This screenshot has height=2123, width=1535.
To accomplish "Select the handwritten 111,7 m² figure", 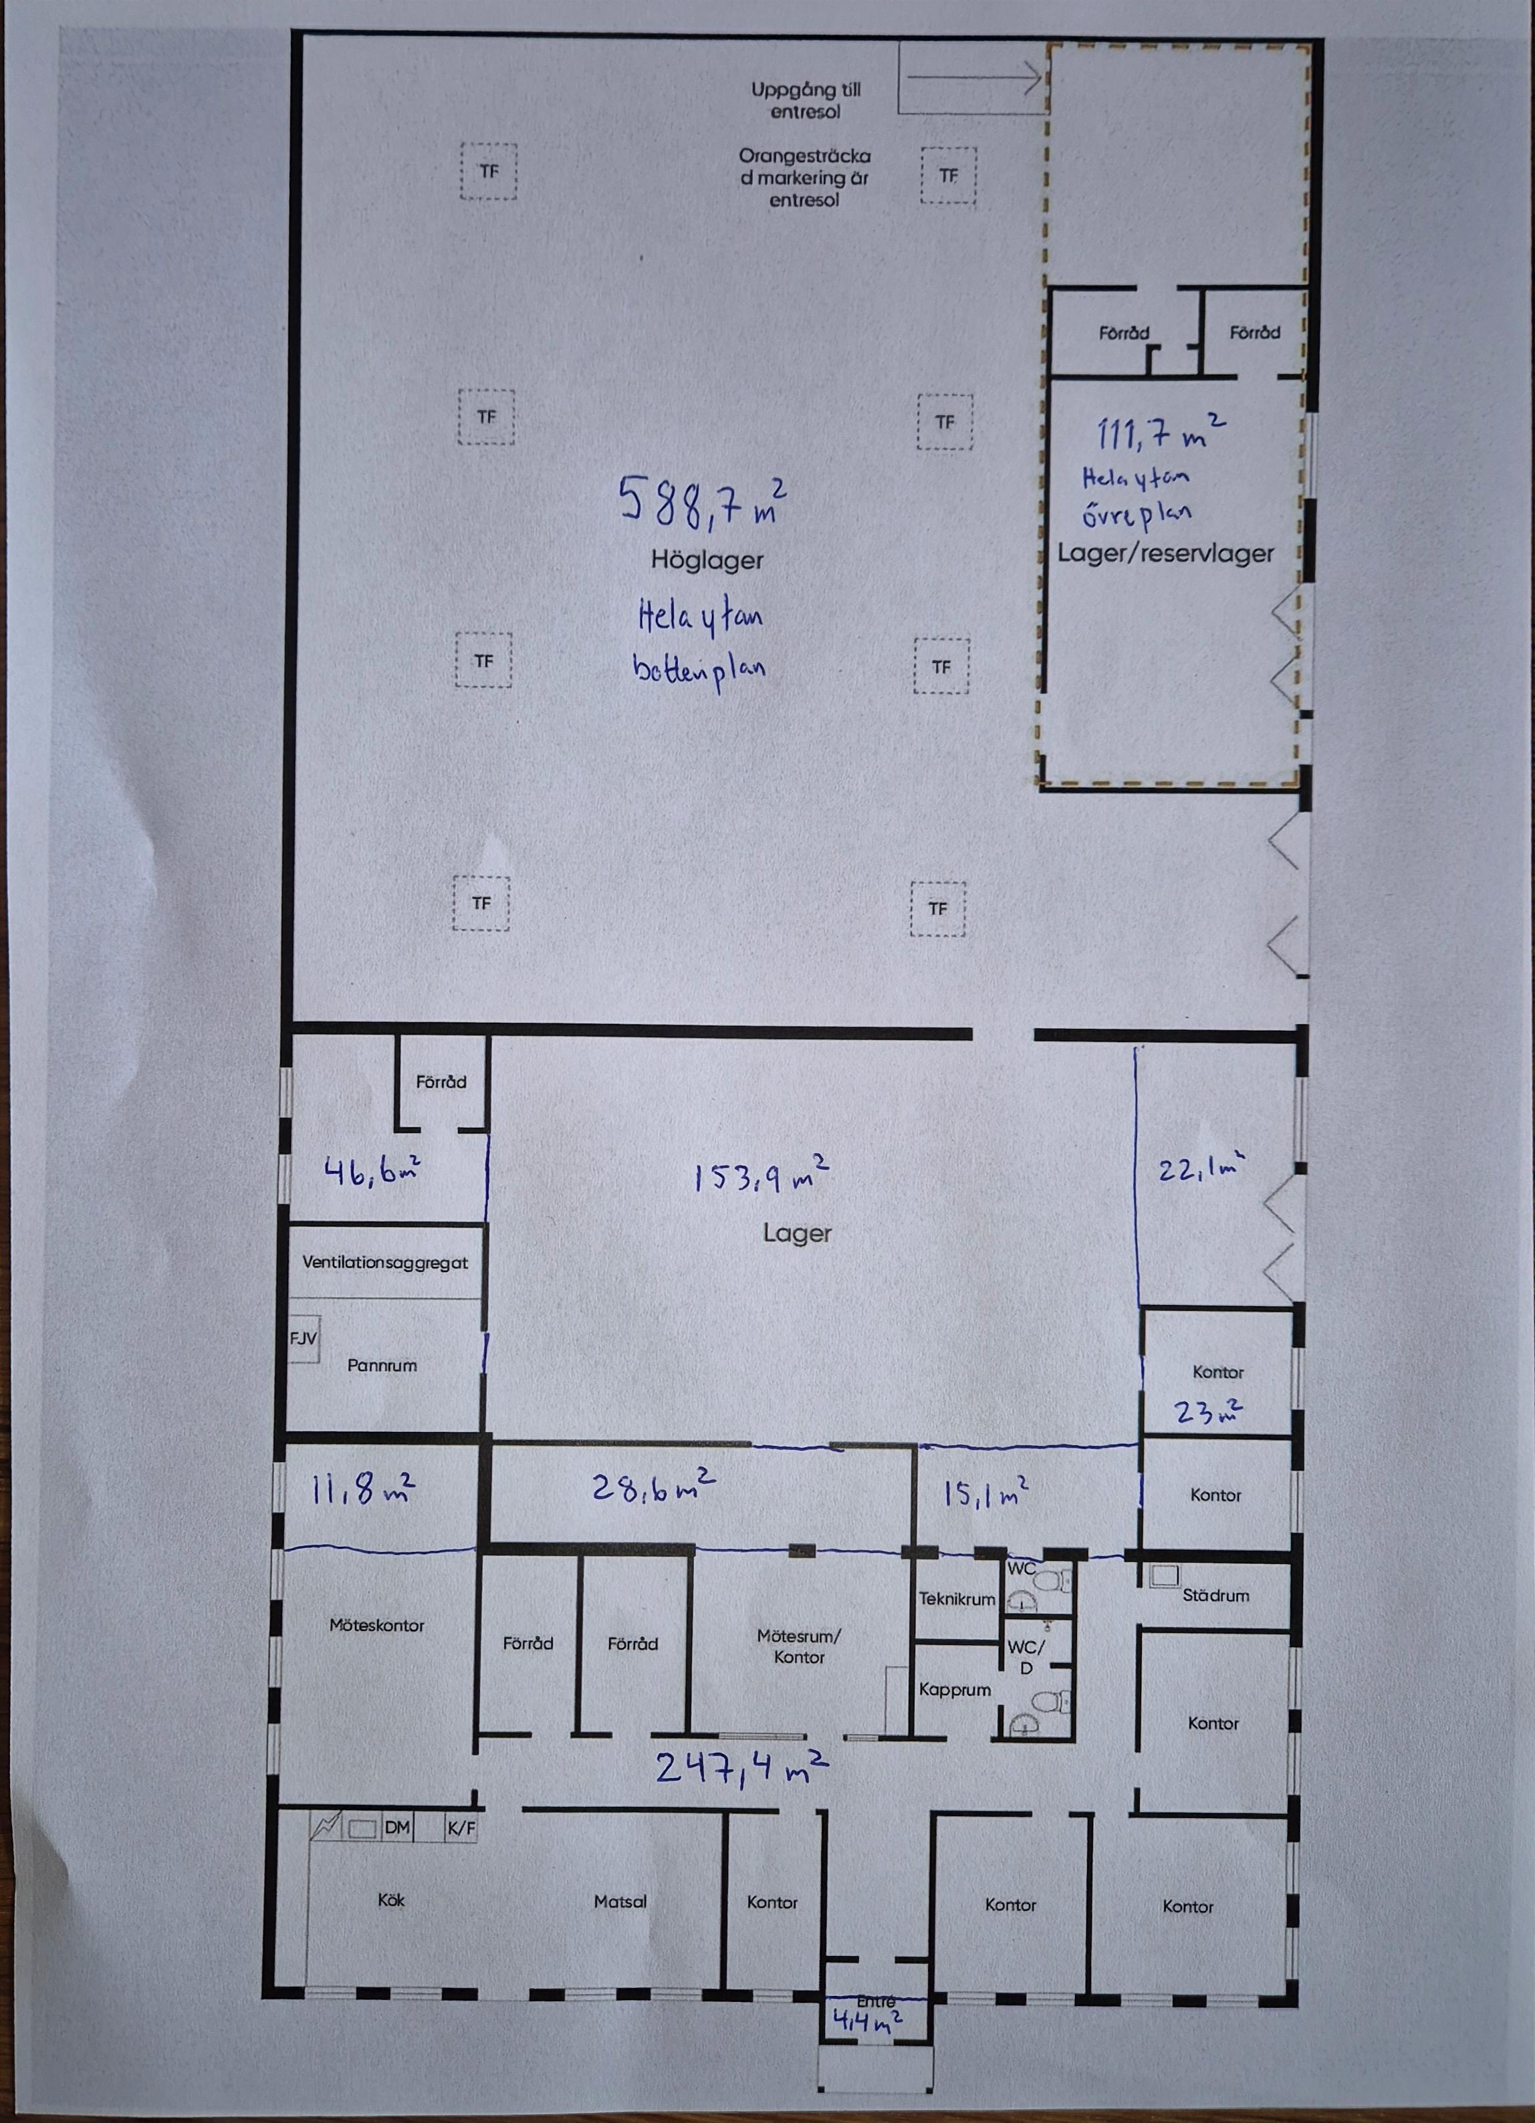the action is [x=1161, y=432].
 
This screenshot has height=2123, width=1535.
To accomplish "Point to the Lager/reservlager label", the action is [x=1166, y=553].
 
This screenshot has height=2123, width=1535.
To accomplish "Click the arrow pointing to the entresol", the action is [x=974, y=78].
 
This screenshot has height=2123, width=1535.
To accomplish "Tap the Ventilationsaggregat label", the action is [x=384, y=1263].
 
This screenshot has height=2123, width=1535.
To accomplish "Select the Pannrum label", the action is [x=382, y=1366].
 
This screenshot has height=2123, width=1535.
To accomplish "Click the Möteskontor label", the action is [x=377, y=1625].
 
